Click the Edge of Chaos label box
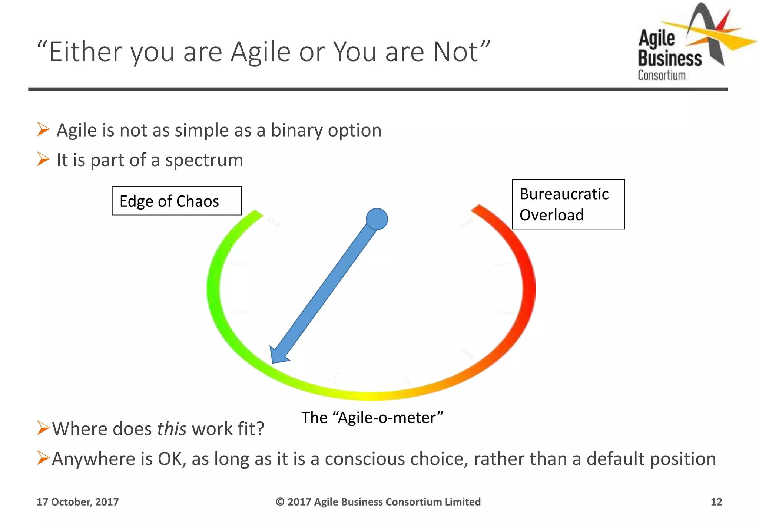pos(177,201)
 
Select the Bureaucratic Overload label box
pos(568,204)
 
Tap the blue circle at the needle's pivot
pos(377,219)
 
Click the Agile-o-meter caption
pos(372,418)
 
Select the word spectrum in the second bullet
pos(204,160)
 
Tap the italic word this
pos(172,429)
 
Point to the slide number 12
pos(716,502)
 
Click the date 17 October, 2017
pos(77,502)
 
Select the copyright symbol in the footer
pos(280,502)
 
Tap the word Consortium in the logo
pos(662,75)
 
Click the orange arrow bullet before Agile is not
pos(43,129)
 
